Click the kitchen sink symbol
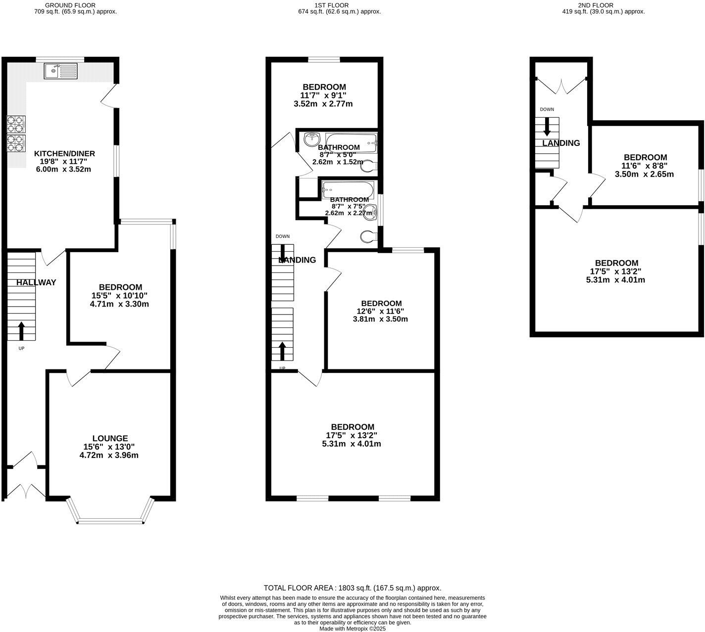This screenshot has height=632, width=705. pos(61,71)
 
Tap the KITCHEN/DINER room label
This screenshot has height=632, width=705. pos(64,154)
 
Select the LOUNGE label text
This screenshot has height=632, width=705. pos(110,438)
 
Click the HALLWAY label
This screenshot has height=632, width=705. pos(36,283)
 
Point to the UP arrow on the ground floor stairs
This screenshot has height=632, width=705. pos(21,331)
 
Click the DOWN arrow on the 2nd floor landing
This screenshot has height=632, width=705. pos(547,127)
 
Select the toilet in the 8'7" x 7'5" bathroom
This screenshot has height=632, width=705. pos(368,237)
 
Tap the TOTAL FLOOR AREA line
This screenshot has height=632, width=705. pos(352,588)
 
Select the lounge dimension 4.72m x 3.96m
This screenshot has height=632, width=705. pos(109,455)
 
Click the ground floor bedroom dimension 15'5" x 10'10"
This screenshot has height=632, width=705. pos(119,296)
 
